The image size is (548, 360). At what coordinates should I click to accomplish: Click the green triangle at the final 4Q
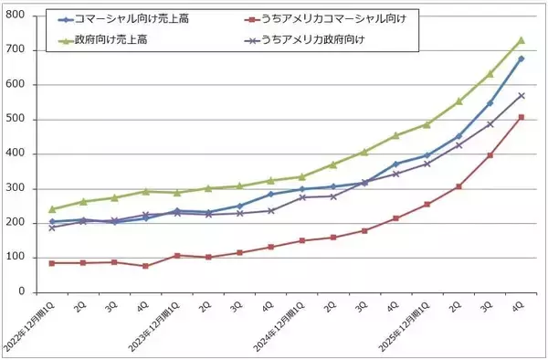tap(521, 40)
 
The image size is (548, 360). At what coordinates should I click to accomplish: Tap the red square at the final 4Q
tap(521, 117)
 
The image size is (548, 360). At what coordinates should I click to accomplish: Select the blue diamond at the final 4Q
tap(521, 58)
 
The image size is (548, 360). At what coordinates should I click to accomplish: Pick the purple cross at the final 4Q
tap(521, 95)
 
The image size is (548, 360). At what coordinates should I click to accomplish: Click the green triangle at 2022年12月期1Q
tap(52, 209)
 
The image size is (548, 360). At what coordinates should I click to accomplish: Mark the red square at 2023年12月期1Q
tap(177, 256)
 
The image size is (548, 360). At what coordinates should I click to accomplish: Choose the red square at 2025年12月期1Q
tap(427, 204)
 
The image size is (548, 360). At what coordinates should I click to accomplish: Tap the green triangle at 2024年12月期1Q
tap(302, 177)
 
